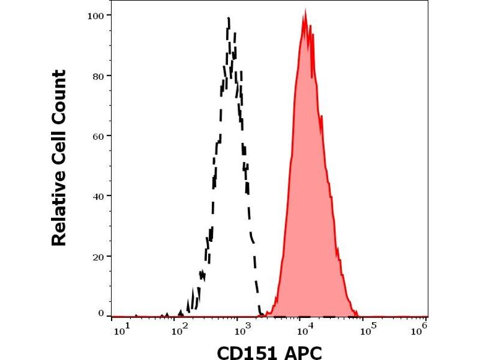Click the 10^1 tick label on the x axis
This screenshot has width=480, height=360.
118,329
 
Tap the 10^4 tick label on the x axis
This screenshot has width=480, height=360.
305,329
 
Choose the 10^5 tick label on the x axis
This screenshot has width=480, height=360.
370,329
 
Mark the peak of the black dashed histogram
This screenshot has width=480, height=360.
229,19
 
